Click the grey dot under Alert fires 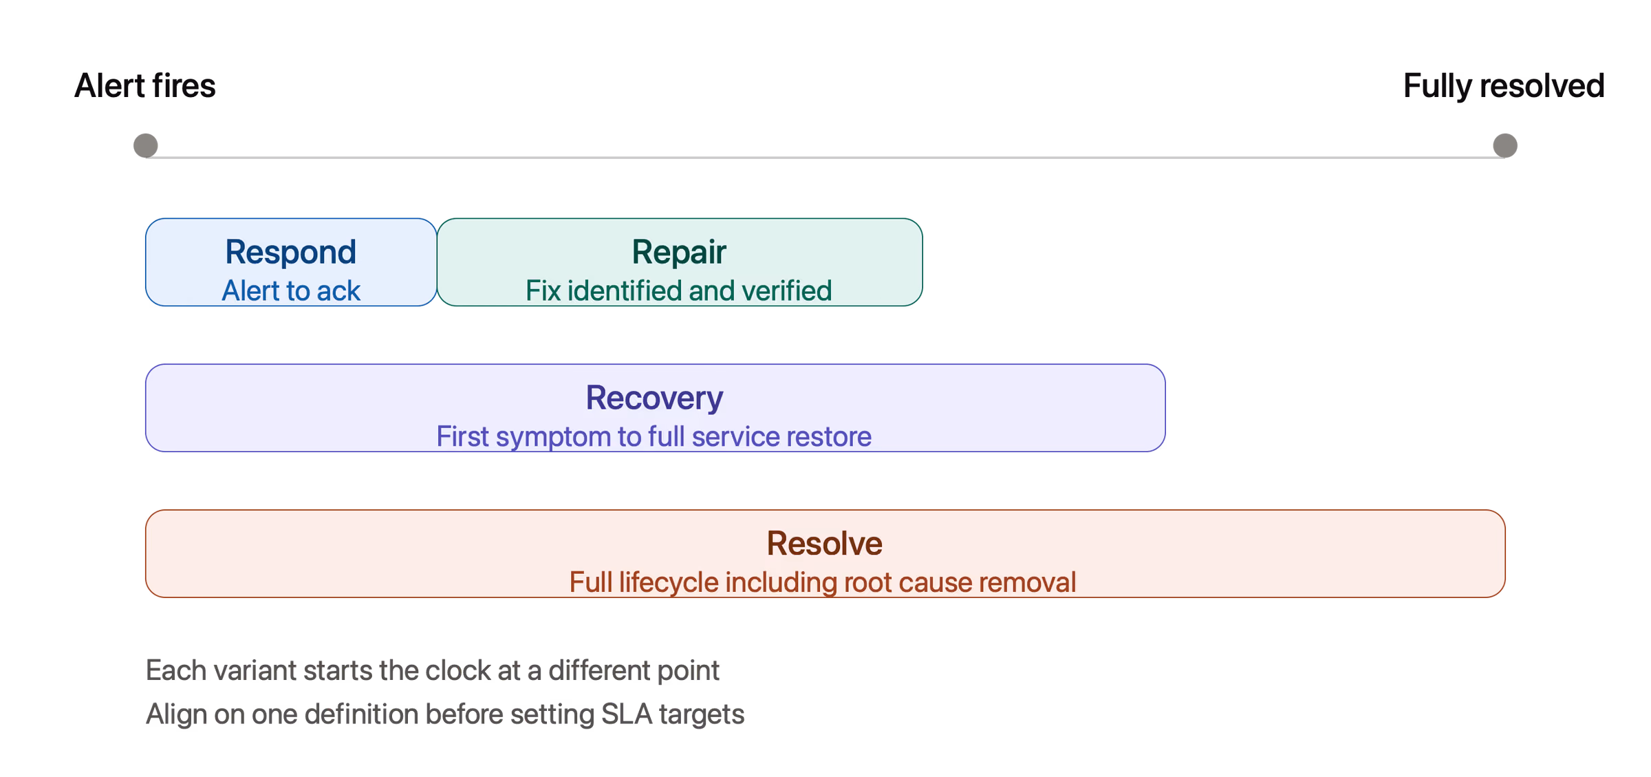(x=145, y=146)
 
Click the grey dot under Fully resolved (x=1505, y=146)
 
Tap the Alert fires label (x=145, y=86)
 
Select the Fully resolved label (x=1504, y=86)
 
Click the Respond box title (x=291, y=253)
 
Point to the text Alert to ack (x=291, y=291)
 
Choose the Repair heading (x=679, y=253)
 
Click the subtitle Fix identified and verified (x=679, y=291)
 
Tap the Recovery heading (x=655, y=398)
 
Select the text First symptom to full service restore (x=654, y=437)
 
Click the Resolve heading (x=825, y=544)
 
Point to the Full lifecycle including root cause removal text (x=823, y=583)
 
